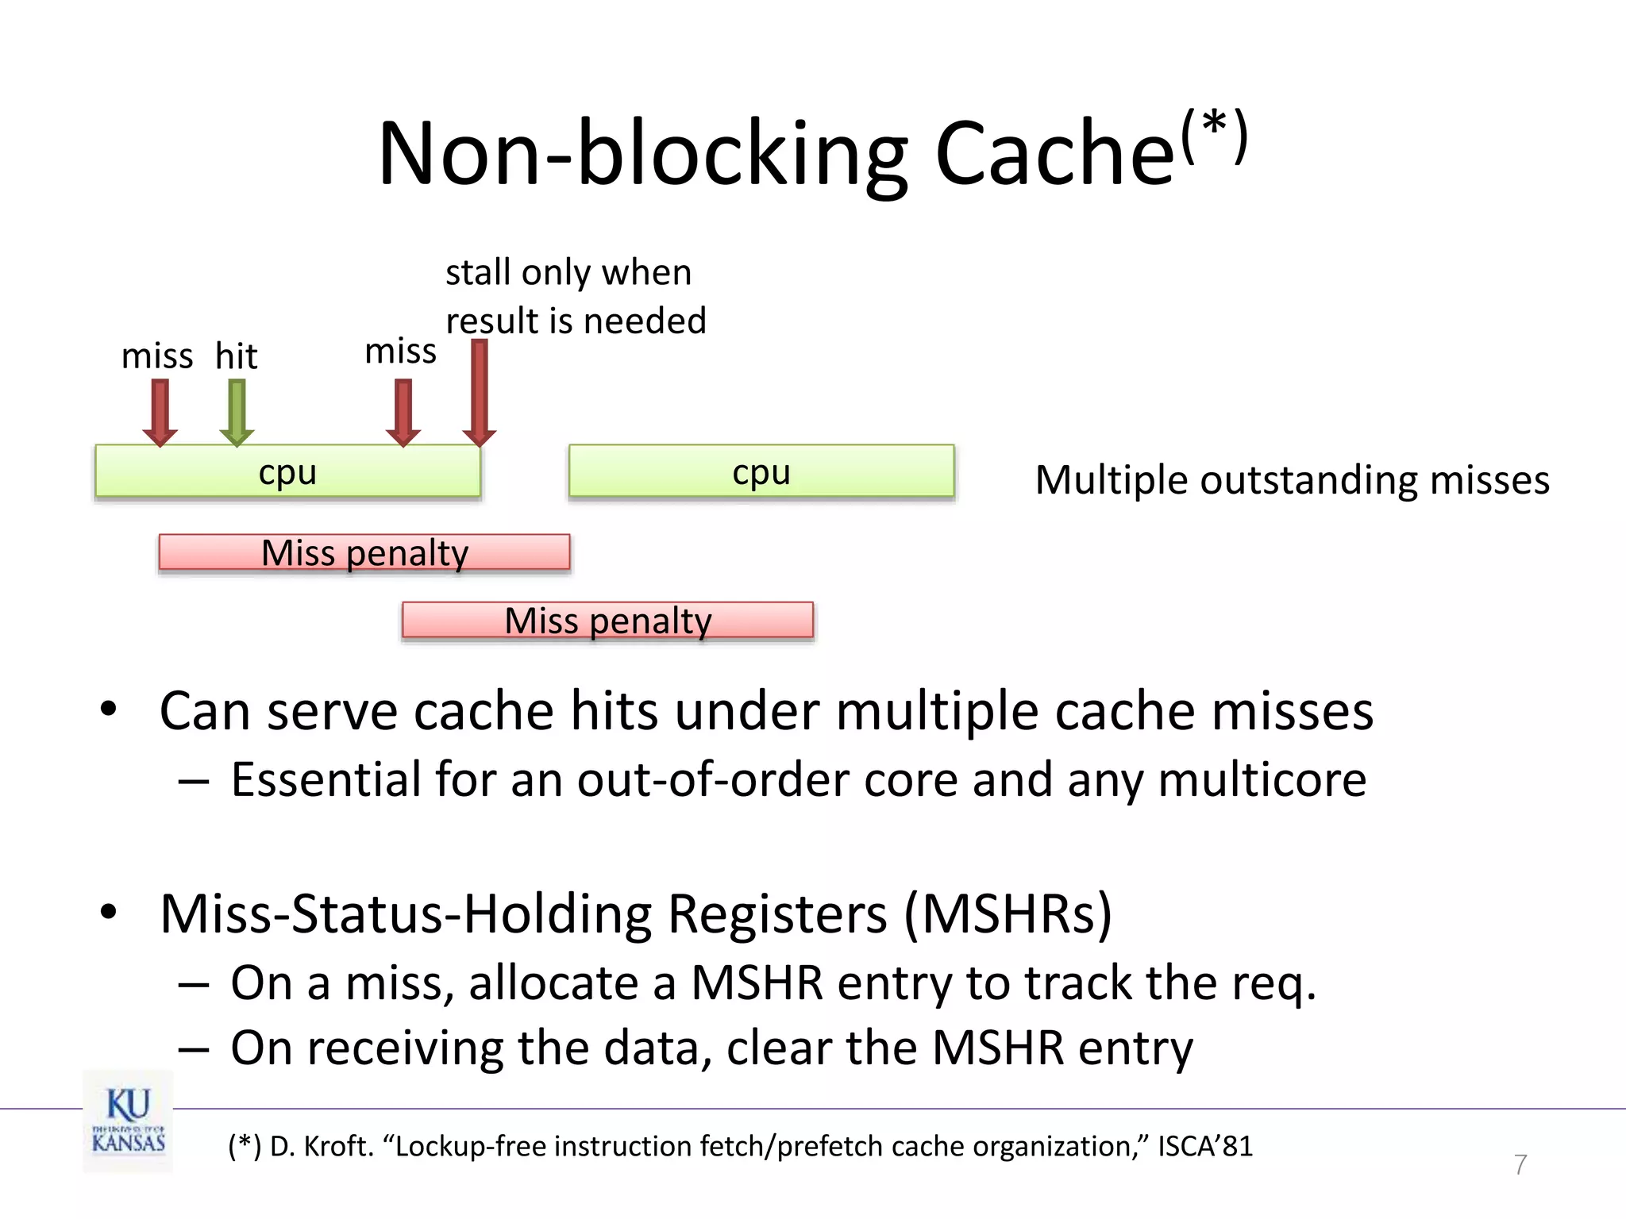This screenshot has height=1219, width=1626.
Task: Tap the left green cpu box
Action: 287,471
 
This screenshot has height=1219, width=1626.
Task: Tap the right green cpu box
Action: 761,471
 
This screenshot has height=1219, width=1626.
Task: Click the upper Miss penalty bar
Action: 364,552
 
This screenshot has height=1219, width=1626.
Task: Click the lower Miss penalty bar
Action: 607,620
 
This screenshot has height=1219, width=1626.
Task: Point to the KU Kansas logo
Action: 128,1121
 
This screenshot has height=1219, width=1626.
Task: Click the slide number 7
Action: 1520,1164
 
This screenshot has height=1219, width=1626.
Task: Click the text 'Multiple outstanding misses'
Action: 1292,480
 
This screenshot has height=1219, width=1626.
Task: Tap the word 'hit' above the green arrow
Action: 236,356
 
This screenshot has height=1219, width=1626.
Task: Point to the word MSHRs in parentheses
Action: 1008,914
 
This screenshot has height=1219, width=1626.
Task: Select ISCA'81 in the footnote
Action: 1204,1146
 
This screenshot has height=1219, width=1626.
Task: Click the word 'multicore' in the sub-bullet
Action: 1262,779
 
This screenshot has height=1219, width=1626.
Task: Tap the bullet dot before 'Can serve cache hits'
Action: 109,709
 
